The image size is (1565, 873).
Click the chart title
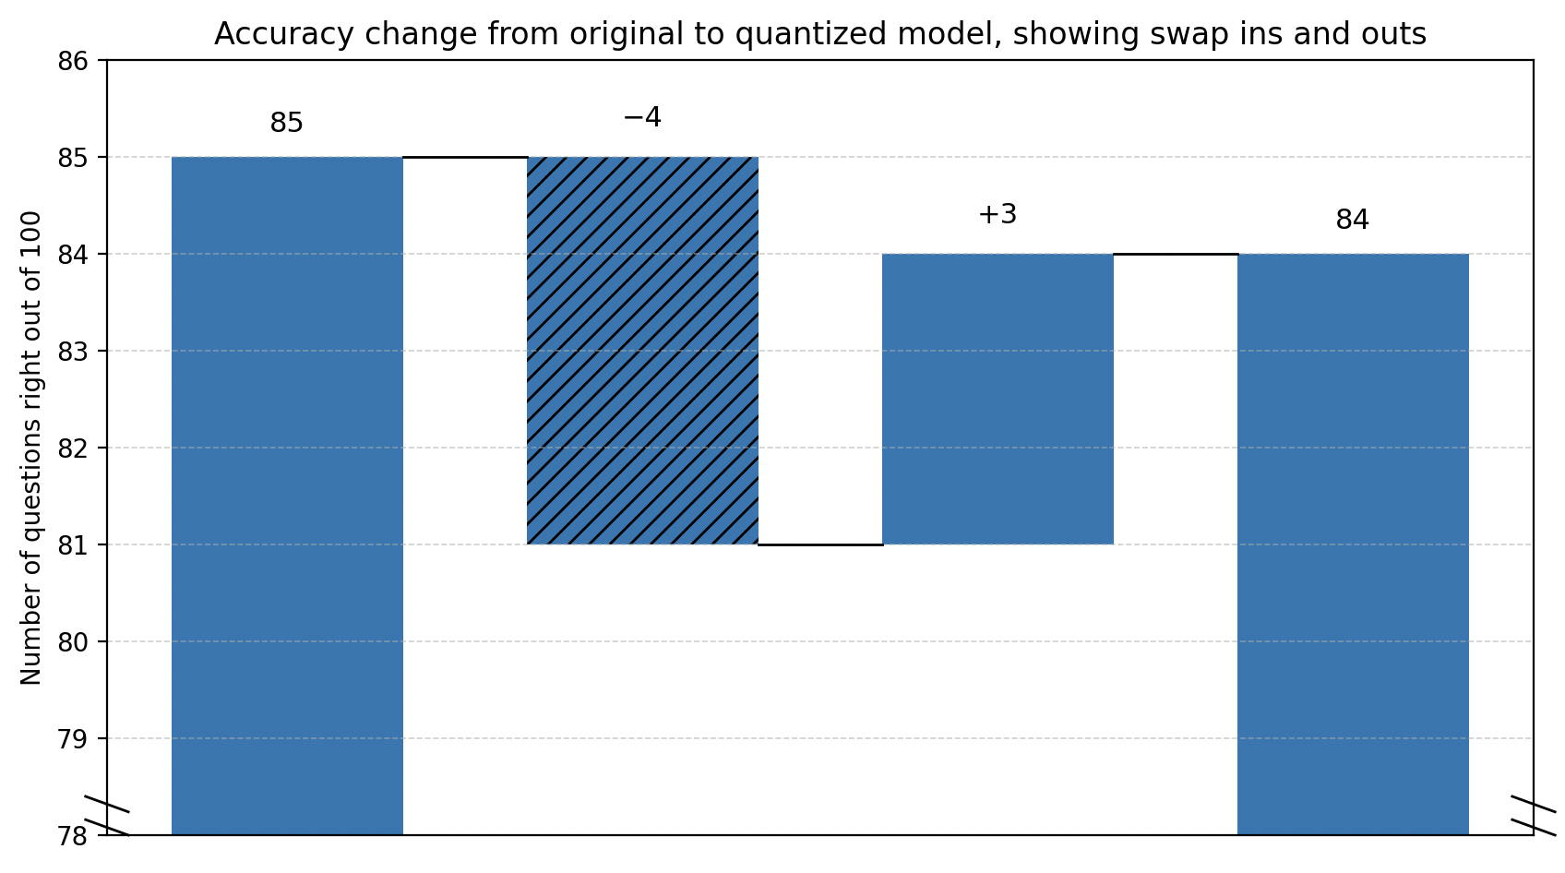click(x=819, y=34)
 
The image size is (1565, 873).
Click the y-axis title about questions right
click(x=31, y=448)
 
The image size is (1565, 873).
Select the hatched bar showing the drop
click(x=642, y=351)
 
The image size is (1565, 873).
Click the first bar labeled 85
click(x=287, y=496)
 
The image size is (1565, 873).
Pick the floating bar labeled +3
click(x=998, y=399)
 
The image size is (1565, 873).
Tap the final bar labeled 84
click(x=1353, y=544)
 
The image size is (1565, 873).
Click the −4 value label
click(x=642, y=118)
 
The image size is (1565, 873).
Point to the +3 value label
click(x=998, y=215)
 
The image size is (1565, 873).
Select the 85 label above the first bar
click(x=287, y=124)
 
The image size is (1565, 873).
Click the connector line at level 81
click(x=820, y=544)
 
